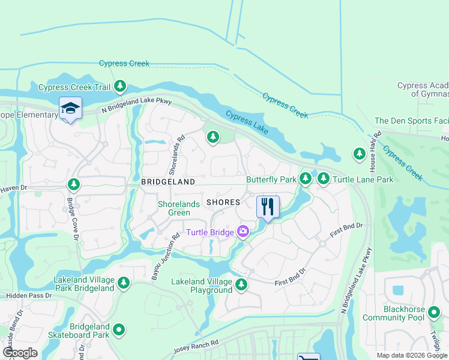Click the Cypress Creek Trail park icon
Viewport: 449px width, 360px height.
121,87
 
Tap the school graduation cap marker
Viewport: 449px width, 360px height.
70,109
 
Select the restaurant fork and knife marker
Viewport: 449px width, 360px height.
268,207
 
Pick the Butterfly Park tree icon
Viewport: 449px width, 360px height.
306,178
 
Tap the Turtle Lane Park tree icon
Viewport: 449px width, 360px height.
324,178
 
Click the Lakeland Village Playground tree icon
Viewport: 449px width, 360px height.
241,284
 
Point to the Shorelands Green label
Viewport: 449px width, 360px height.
179,208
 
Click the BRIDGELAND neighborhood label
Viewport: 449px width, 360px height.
168,181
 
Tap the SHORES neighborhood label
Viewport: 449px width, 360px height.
223,202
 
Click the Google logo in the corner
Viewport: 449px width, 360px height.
20,353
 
